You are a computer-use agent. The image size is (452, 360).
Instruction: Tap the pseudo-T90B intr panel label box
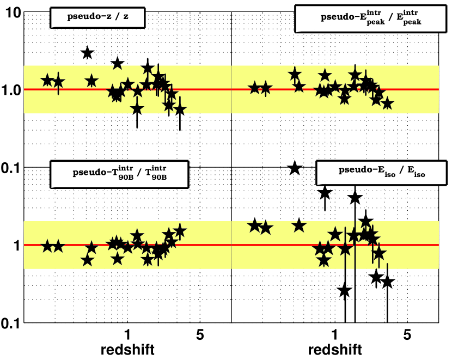pos(119,174)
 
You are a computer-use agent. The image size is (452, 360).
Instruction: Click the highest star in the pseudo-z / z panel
pos(87,53)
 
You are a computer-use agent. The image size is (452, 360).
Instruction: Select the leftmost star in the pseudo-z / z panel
pos(47,80)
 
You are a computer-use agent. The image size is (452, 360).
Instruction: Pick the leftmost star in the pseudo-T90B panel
pos(47,246)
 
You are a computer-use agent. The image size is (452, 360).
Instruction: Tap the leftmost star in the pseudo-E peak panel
pos(254,88)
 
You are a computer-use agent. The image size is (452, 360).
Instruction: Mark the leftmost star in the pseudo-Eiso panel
pos(254,225)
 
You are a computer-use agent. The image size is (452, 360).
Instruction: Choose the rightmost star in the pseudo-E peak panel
pos(387,103)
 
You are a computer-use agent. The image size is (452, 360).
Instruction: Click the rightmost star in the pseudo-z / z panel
pos(180,109)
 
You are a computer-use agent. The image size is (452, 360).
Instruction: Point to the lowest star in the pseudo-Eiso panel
pos(344,290)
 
